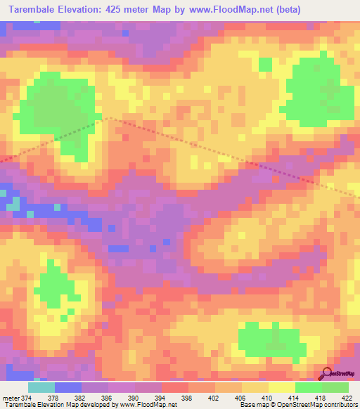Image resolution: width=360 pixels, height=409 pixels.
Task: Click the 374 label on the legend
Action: point(27,398)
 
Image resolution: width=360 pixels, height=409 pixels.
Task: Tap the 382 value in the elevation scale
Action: point(81,398)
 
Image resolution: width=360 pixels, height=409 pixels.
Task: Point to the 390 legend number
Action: point(134,398)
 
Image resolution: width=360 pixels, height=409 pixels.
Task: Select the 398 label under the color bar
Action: point(188,398)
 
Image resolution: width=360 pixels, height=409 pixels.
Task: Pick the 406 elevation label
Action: point(242,398)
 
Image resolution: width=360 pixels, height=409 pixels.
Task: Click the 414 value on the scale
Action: point(295,398)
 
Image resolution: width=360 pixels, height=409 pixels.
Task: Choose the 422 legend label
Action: point(348,398)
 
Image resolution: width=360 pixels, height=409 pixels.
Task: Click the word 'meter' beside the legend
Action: point(11,398)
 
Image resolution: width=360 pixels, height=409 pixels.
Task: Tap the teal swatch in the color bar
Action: point(41,387)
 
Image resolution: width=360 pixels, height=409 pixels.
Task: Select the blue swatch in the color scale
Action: point(68,387)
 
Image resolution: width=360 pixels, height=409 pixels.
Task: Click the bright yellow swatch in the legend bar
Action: point(282,387)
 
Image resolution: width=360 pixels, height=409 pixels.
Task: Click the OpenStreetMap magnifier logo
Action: point(326,372)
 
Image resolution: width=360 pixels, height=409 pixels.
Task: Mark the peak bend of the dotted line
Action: point(108,119)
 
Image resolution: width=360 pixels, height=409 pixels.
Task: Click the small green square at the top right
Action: point(264,65)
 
